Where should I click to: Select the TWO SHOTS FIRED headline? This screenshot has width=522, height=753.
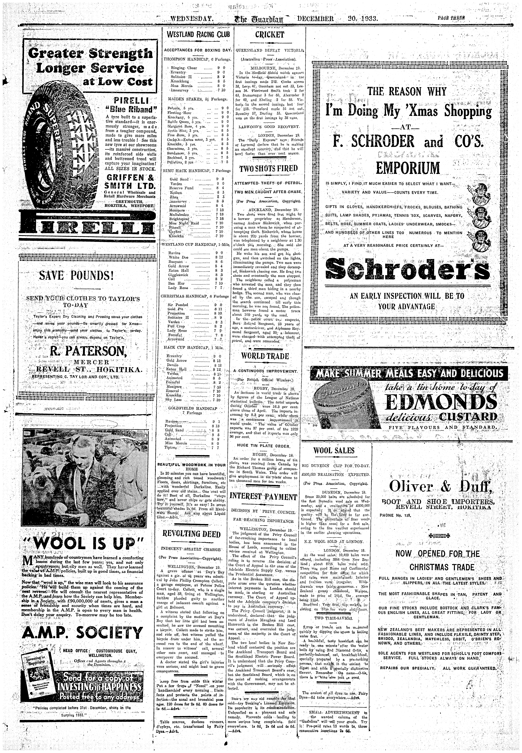[268, 169]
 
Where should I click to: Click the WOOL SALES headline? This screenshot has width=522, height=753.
[334, 451]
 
